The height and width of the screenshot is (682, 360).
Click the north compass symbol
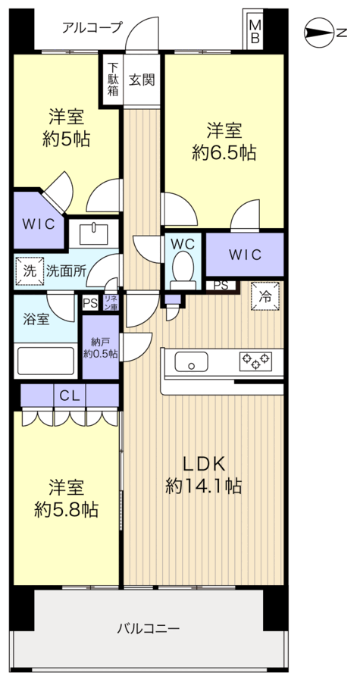coord(320,33)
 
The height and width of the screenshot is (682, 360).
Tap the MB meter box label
coord(255,31)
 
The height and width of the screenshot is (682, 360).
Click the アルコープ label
coord(92,28)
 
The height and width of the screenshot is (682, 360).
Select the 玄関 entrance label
coord(142,80)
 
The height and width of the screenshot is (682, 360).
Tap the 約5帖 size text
coord(66,139)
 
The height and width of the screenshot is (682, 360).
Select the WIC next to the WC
coord(245,254)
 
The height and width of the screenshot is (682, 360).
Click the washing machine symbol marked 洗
coord(30,271)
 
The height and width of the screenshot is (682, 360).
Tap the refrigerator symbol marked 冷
coord(265,296)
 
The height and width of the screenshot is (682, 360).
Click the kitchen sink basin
coord(191,362)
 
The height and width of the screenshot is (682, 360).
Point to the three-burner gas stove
coord(255,361)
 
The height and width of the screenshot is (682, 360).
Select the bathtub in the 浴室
coord(45,361)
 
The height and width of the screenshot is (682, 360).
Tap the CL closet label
coord(70,396)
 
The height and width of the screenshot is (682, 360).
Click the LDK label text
coord(203,465)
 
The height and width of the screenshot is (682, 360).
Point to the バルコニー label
coord(149,628)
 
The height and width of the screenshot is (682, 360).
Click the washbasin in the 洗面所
coord(93,233)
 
